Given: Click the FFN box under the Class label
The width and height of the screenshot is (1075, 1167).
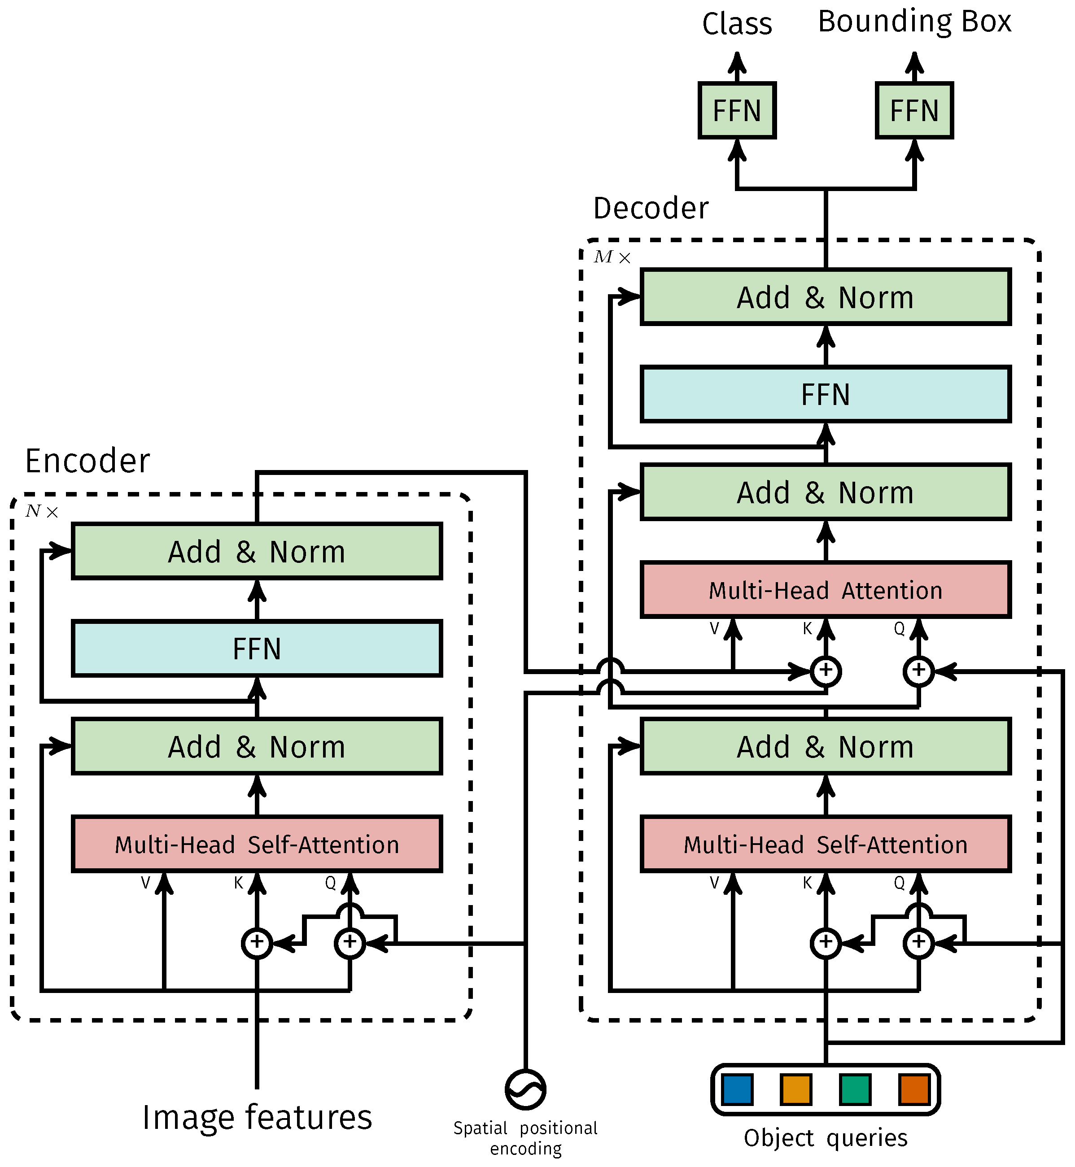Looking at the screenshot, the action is (737, 110).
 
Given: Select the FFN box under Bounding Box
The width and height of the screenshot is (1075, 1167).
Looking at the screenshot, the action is (914, 110).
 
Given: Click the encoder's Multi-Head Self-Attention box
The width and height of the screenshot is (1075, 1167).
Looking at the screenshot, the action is (257, 844).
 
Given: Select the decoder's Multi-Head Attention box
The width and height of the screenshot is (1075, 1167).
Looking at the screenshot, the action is (826, 590).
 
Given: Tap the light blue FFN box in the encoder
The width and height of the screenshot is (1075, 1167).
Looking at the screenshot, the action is (257, 649).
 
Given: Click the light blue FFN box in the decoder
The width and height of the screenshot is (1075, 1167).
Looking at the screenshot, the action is (826, 394).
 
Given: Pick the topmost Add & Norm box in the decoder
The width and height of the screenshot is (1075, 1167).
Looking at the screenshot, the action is (826, 297).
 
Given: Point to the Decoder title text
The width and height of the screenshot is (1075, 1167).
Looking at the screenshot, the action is (651, 208).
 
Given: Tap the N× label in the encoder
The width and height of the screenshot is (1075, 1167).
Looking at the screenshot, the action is (42, 511).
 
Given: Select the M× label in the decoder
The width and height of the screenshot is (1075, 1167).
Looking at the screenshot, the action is (612, 257).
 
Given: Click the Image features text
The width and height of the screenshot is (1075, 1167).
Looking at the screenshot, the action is (257, 1118).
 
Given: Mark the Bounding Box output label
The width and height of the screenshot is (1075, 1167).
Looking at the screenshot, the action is (914, 22).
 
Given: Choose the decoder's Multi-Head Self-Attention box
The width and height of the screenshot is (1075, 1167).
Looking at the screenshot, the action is (826, 844).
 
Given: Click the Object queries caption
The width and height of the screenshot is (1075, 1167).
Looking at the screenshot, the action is (826, 1138).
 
